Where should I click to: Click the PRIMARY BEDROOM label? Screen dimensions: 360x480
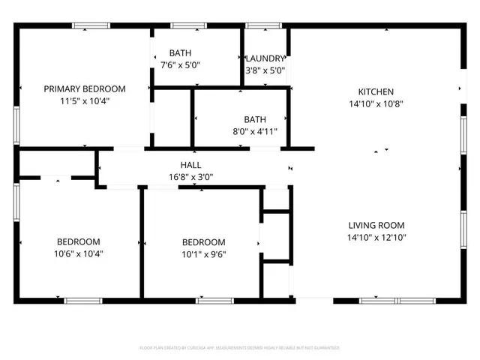coord(85,88)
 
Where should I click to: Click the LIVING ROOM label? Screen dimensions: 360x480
coord(376,225)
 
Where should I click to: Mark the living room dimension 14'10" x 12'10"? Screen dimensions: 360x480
coord(376,238)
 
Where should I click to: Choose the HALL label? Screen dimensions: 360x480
coord(190,165)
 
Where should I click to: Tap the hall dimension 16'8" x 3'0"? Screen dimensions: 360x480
coord(190,178)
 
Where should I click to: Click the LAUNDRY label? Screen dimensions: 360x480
coord(265,58)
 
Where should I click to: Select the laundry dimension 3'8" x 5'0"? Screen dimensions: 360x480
coord(265,71)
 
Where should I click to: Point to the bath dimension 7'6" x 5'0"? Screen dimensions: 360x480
coord(179,65)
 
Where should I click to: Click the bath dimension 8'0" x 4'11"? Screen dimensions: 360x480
coord(255,132)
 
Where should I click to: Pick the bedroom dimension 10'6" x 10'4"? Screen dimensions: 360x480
coord(79,253)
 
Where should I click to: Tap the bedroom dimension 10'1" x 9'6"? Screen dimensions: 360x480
coord(204,254)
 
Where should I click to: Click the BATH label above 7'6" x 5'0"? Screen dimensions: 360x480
coord(179,52)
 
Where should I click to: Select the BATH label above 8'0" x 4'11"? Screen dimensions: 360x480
coord(255,119)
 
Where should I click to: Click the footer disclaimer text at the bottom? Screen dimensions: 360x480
coord(240,348)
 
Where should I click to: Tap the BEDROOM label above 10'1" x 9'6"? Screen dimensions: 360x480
coord(204,242)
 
